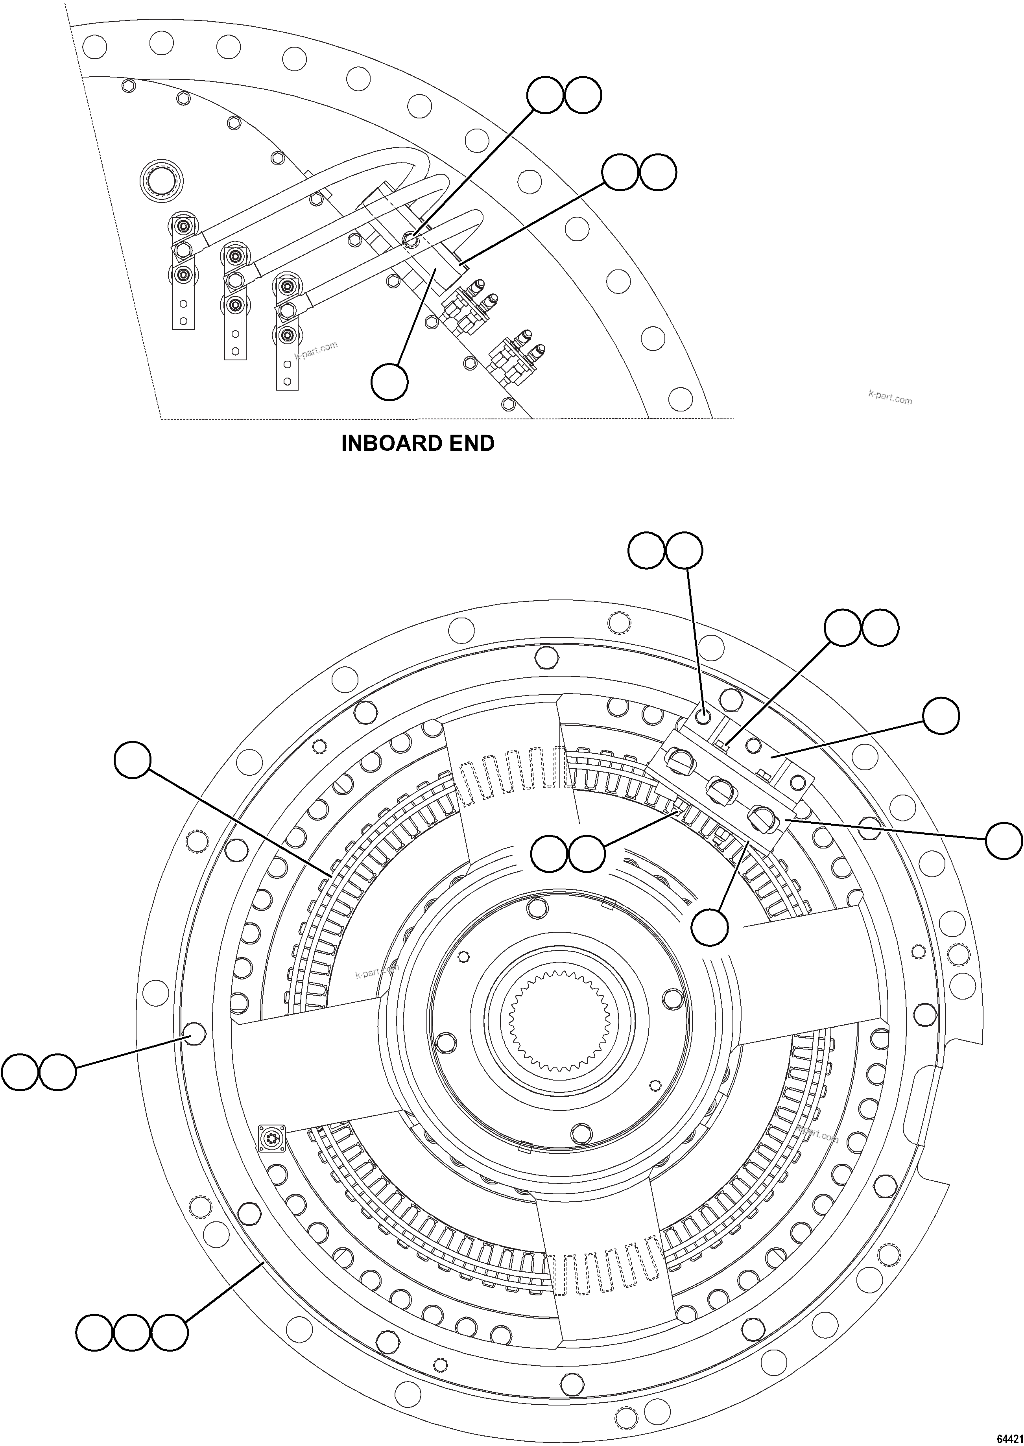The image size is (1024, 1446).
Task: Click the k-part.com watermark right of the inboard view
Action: (890, 398)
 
